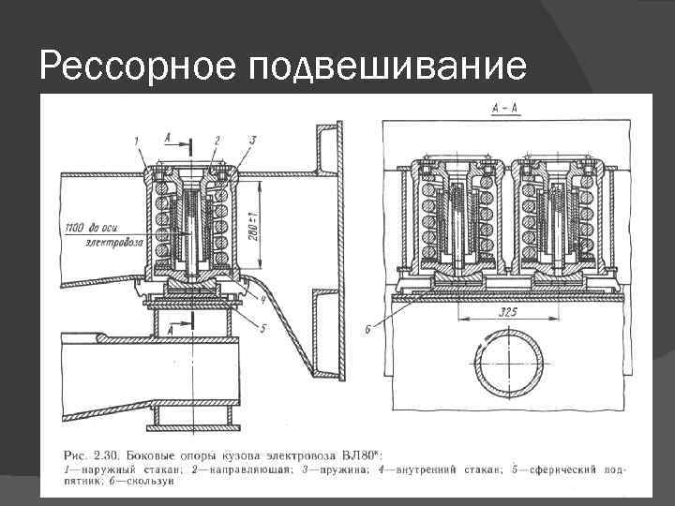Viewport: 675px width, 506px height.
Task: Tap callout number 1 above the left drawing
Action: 135,141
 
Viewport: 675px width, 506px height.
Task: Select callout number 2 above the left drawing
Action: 217,140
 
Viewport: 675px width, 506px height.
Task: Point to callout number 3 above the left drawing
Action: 251,140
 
